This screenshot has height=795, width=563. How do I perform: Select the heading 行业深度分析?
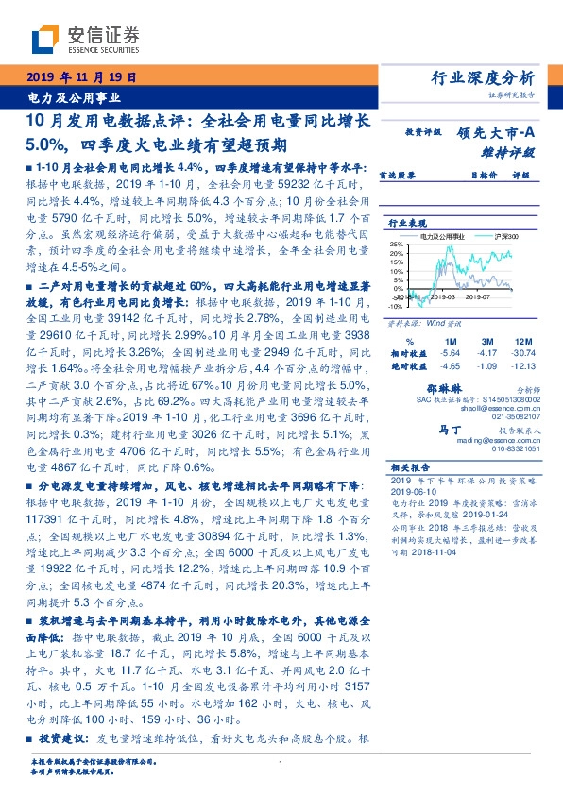coord(483,77)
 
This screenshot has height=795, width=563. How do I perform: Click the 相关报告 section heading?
coord(411,467)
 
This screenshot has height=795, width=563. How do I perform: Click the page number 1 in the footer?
coord(281,763)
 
